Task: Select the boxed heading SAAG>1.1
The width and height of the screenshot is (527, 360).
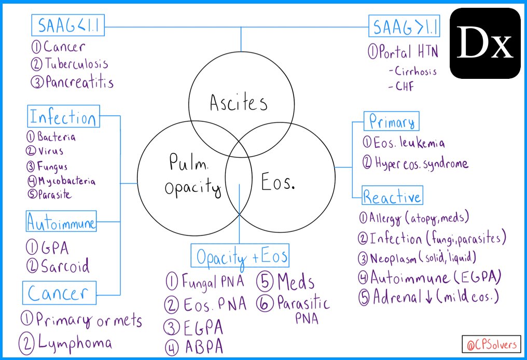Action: coord(404,26)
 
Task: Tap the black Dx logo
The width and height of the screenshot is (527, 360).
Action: coord(485,44)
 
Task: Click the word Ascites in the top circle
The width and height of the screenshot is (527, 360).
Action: coord(239,103)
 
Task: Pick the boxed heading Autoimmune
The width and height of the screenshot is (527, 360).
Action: coord(61,224)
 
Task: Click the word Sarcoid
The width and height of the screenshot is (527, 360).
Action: coord(65,266)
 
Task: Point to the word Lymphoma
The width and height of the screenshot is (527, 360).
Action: coord(73,343)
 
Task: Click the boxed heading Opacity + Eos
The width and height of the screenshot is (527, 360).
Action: coord(241,256)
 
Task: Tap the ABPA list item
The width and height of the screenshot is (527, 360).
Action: coord(202,346)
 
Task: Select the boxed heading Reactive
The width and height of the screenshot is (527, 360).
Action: coord(392,197)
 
